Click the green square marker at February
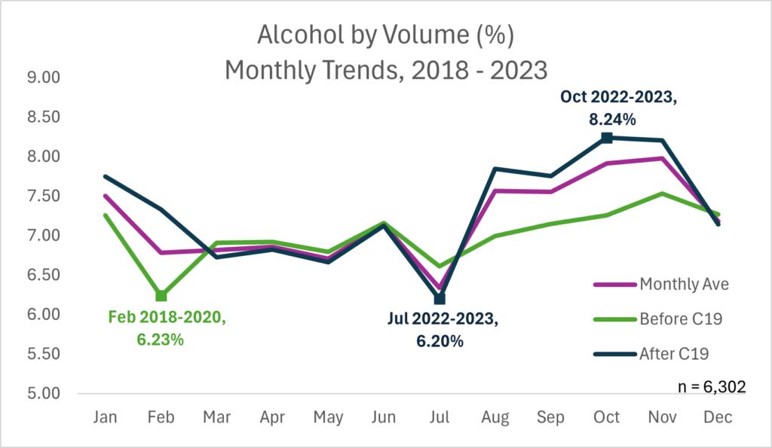point(161,296)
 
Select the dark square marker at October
point(606,138)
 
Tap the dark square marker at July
point(440,298)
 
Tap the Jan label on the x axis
point(106,418)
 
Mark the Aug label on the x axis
point(495,418)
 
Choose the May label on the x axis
point(328,418)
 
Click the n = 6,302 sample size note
point(712,387)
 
